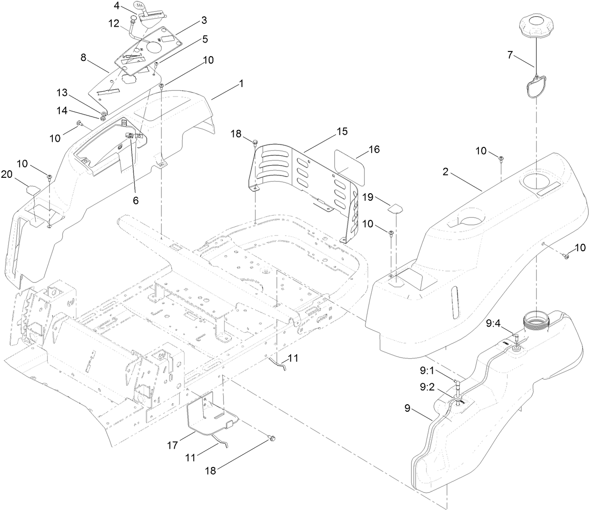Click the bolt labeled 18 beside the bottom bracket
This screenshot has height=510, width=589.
(272, 438)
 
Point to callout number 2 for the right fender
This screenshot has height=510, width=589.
(445, 172)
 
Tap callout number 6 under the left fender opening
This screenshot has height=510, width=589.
(135, 200)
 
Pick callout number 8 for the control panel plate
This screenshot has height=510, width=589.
(83, 58)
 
